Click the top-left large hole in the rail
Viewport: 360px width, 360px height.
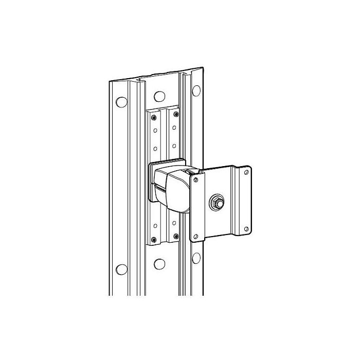pos(121,101)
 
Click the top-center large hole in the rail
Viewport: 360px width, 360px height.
pos(159,96)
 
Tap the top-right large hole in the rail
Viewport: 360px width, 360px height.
pos(196,91)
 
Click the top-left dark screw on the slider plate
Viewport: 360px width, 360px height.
pos(153,117)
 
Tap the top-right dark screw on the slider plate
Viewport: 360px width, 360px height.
pos(176,114)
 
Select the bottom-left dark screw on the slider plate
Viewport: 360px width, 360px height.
pos(153,239)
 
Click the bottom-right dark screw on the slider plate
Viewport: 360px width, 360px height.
pos(176,236)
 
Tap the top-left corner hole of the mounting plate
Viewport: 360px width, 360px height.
pos(196,179)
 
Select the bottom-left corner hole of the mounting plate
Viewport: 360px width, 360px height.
pos(196,236)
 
